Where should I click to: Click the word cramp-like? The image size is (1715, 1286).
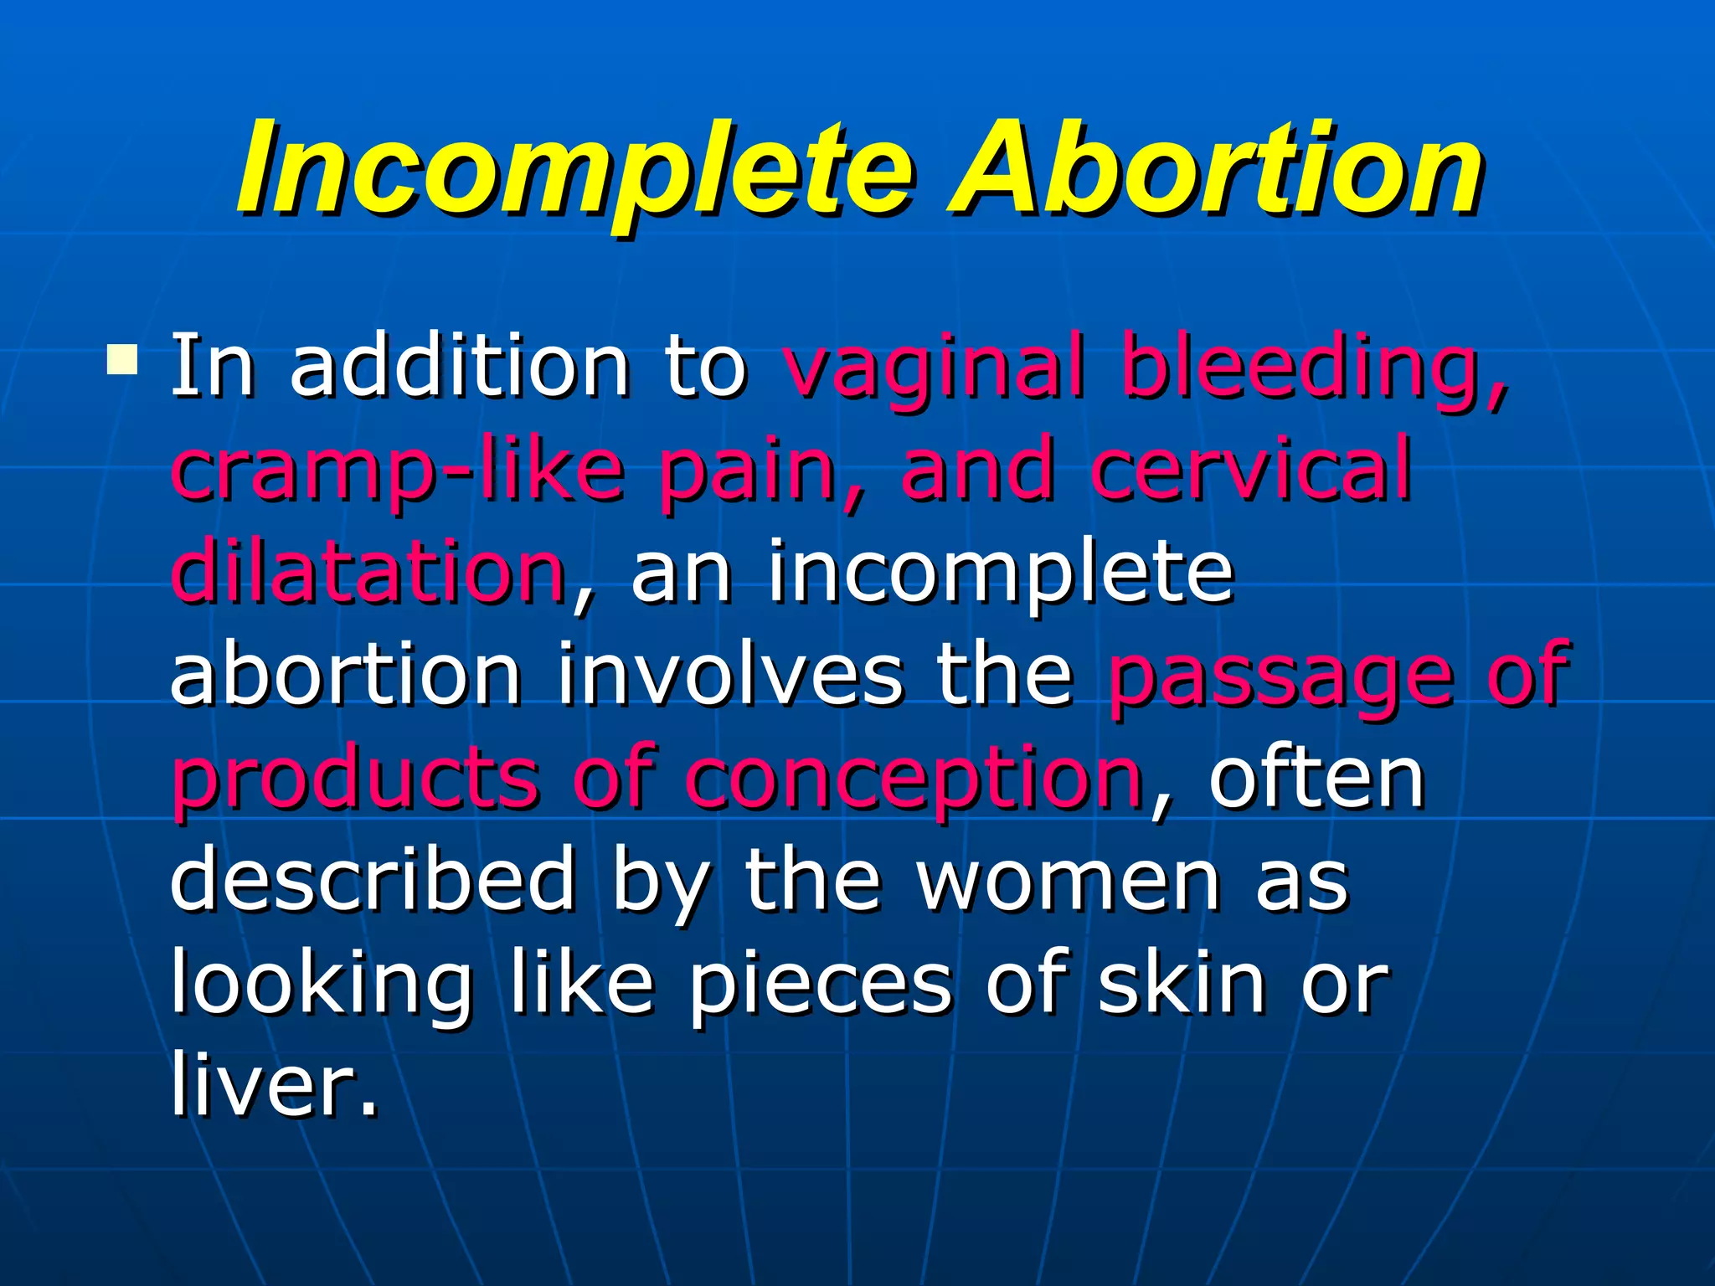pos(398,471)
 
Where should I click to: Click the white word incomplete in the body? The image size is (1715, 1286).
pos(1001,574)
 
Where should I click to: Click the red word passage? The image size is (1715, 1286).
pos(1281,676)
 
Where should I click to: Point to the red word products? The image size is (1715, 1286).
pos(356,779)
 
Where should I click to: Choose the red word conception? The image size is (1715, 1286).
pos(913,779)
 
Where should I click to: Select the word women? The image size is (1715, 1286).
pos(1068,881)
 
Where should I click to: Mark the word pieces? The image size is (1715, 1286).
pos(821,984)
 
